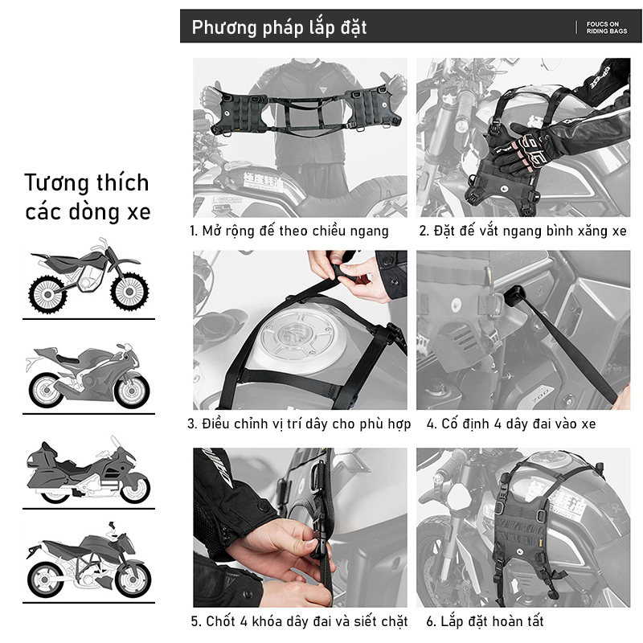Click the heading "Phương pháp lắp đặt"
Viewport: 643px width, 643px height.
click(x=279, y=28)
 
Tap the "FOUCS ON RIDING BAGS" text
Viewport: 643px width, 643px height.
click(x=607, y=27)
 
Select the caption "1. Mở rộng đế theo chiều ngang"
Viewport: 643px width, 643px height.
click(x=289, y=231)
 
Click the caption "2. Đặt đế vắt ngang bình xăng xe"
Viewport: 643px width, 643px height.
click(x=523, y=231)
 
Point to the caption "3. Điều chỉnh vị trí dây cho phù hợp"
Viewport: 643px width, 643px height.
click(x=299, y=424)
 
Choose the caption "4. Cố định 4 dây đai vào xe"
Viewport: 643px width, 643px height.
click(x=511, y=424)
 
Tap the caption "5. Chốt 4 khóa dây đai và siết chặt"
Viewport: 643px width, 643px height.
click(x=299, y=621)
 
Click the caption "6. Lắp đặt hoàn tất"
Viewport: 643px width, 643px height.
click(x=485, y=621)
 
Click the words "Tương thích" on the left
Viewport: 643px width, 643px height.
click(x=87, y=183)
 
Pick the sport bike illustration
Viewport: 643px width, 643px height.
click(x=88, y=375)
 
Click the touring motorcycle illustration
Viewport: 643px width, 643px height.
click(x=88, y=470)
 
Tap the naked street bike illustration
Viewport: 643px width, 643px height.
click(x=88, y=559)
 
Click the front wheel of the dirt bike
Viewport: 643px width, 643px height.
click(x=129, y=292)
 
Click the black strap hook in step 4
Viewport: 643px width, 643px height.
click(x=514, y=296)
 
